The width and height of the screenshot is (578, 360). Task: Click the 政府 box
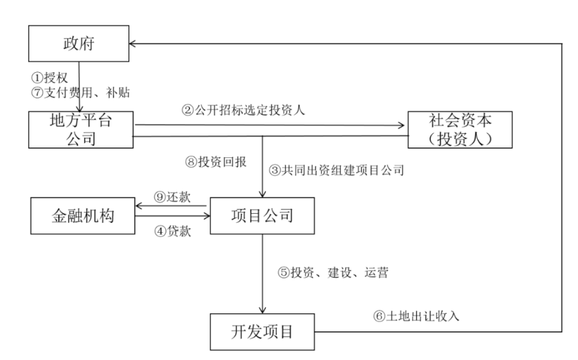pos(79,44)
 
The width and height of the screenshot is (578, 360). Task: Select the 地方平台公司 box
pos(80,130)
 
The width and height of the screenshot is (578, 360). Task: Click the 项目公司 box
pos(263,214)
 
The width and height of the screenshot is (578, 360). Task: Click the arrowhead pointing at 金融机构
pos(137,206)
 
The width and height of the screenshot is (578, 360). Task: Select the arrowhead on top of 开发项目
pos(263,310)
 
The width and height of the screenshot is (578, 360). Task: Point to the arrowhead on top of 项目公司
pos(263,194)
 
